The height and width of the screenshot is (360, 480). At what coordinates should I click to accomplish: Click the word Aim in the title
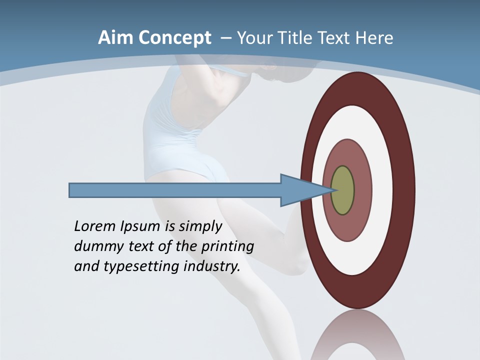point(114,38)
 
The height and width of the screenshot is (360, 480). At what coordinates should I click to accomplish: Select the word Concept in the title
point(173,38)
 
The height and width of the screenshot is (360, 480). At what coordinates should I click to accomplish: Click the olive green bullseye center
point(343,190)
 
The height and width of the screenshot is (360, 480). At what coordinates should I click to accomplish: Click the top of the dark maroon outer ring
point(357,88)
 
